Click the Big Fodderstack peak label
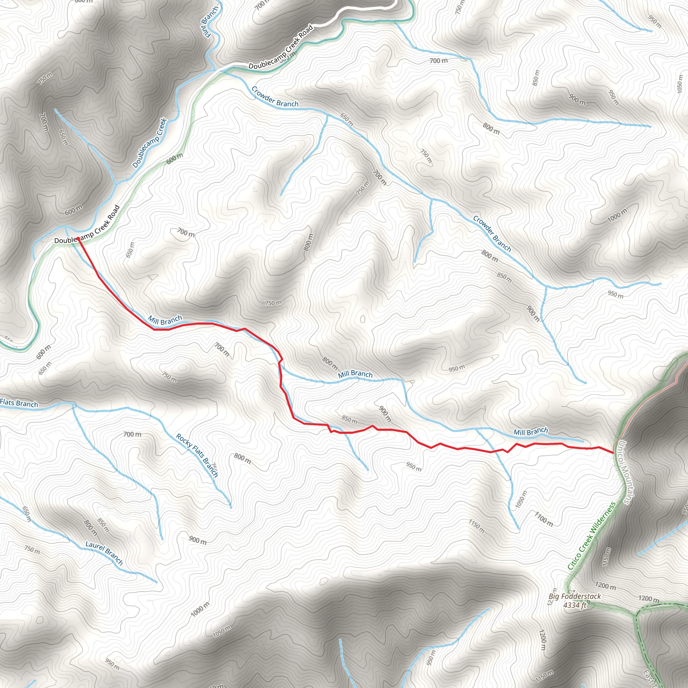574,596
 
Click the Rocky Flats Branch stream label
197,455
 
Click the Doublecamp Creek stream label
149,143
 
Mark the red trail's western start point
78,239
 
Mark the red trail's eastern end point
613,453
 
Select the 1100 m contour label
544,518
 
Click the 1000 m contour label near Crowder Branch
617,216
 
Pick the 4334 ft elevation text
575,605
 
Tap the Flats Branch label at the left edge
19,403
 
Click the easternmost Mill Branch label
530,432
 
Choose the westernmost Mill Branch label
165,320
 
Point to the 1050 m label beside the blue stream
521,499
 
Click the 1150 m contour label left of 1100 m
476,526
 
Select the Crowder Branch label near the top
274,97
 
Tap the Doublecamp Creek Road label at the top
281,47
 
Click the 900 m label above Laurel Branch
198,540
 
